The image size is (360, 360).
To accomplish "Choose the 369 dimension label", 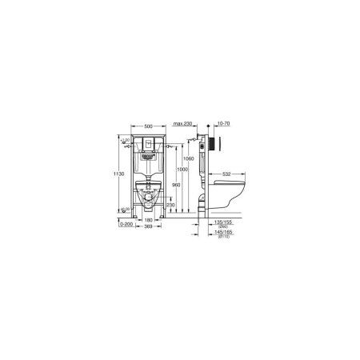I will pyautogui.click(x=149, y=227).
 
